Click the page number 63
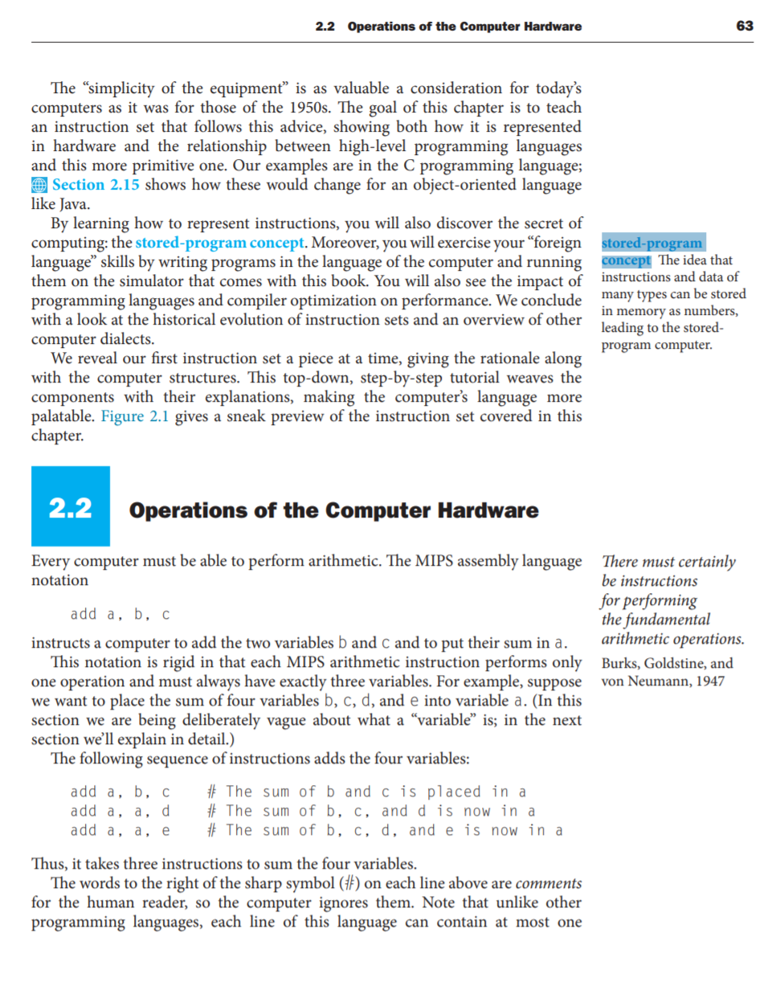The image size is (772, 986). (x=744, y=27)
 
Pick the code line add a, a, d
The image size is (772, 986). (x=120, y=810)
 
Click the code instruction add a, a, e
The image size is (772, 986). (x=120, y=829)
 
